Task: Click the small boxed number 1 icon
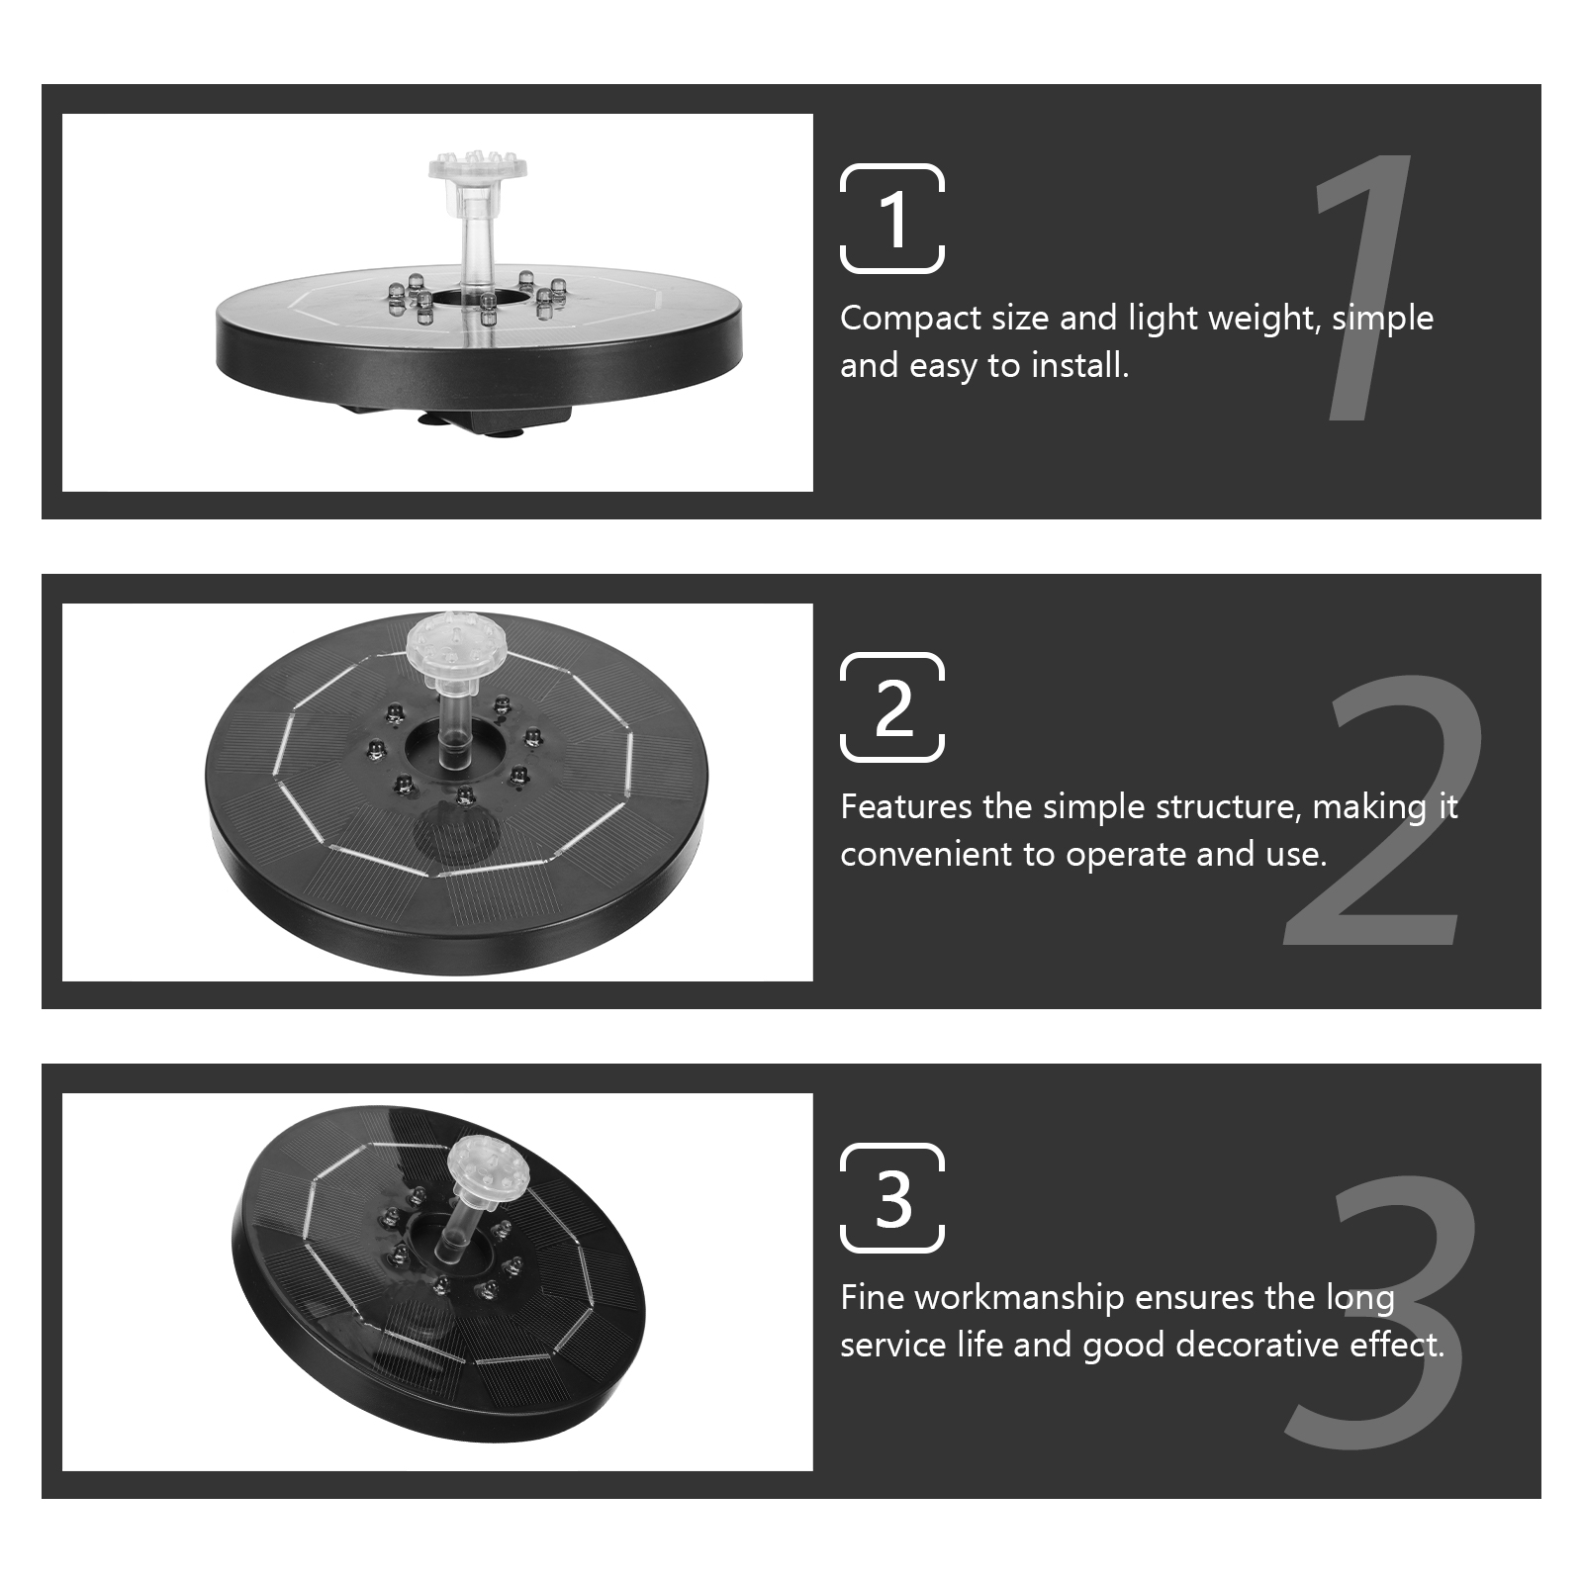[892, 219]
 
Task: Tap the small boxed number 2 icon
[892, 707]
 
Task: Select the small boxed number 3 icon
[892, 1198]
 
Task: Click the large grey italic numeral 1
[1360, 287]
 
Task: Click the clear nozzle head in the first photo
[477, 168]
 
